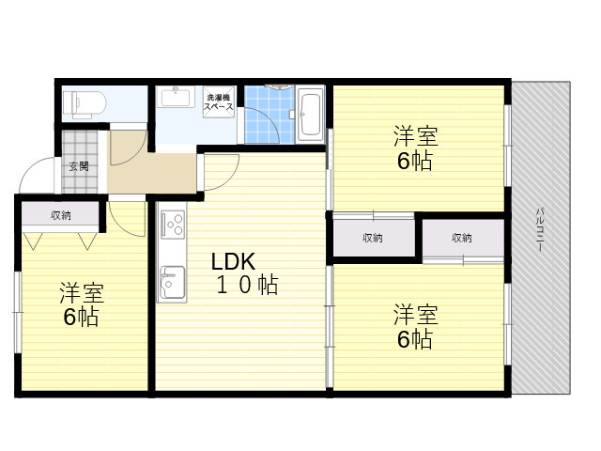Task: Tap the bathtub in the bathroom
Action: (311, 115)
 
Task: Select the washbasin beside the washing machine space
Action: (176, 97)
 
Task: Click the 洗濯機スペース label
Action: (218, 102)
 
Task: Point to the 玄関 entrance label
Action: (79, 166)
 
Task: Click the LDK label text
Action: (233, 262)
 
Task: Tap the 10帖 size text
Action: (248, 285)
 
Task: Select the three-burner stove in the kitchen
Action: (173, 225)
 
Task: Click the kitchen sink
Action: (173, 282)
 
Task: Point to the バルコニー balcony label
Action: (540, 229)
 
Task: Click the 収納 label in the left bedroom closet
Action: (61, 215)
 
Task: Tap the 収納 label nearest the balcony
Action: (461, 238)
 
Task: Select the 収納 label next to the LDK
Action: (373, 238)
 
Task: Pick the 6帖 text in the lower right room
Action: (415, 339)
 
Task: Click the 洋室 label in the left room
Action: (82, 292)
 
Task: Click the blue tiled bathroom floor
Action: (270, 115)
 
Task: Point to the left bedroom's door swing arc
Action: (122, 225)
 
